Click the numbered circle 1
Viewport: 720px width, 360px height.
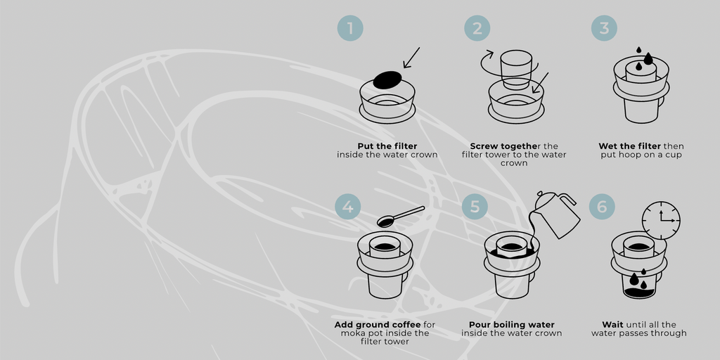click(350, 28)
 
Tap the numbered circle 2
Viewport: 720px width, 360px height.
click(477, 28)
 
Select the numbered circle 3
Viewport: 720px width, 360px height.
click(604, 28)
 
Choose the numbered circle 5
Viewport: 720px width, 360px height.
click(475, 207)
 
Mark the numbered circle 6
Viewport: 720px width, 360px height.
click(602, 207)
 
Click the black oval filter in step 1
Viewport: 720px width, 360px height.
click(387, 80)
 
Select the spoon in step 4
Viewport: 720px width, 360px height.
click(400, 216)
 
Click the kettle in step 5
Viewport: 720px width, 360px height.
click(558, 214)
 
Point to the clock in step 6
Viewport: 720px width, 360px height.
click(661, 220)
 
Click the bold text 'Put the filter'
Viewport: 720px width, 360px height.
click(387, 146)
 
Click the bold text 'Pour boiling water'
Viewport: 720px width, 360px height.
click(512, 325)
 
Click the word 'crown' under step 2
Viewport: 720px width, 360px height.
click(514, 163)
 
